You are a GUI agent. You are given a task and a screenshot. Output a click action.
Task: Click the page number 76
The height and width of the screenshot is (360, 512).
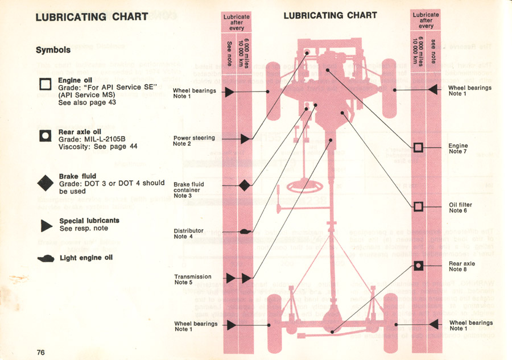40,352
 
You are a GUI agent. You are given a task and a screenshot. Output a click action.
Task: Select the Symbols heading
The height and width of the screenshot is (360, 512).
53,50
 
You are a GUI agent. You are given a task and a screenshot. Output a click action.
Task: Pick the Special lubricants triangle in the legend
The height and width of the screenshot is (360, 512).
46,225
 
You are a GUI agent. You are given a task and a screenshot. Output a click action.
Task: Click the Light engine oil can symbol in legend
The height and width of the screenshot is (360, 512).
45,258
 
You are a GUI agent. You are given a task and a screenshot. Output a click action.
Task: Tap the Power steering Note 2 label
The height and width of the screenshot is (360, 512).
194,140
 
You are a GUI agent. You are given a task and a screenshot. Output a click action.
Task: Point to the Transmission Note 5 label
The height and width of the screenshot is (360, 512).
192,279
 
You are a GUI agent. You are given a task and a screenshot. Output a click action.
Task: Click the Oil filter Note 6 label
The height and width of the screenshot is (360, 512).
460,208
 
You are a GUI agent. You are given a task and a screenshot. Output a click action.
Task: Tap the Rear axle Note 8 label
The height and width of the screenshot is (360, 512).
462,266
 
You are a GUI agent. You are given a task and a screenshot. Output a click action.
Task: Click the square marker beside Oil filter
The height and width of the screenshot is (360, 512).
419,206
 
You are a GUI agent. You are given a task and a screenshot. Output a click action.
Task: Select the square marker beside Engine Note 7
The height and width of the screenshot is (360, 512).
419,148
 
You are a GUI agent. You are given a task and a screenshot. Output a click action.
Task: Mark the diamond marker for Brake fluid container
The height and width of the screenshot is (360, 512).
245,185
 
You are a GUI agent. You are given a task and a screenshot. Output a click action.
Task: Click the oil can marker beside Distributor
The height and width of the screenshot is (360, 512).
245,231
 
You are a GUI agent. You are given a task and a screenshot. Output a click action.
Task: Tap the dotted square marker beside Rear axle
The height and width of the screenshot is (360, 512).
419,265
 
